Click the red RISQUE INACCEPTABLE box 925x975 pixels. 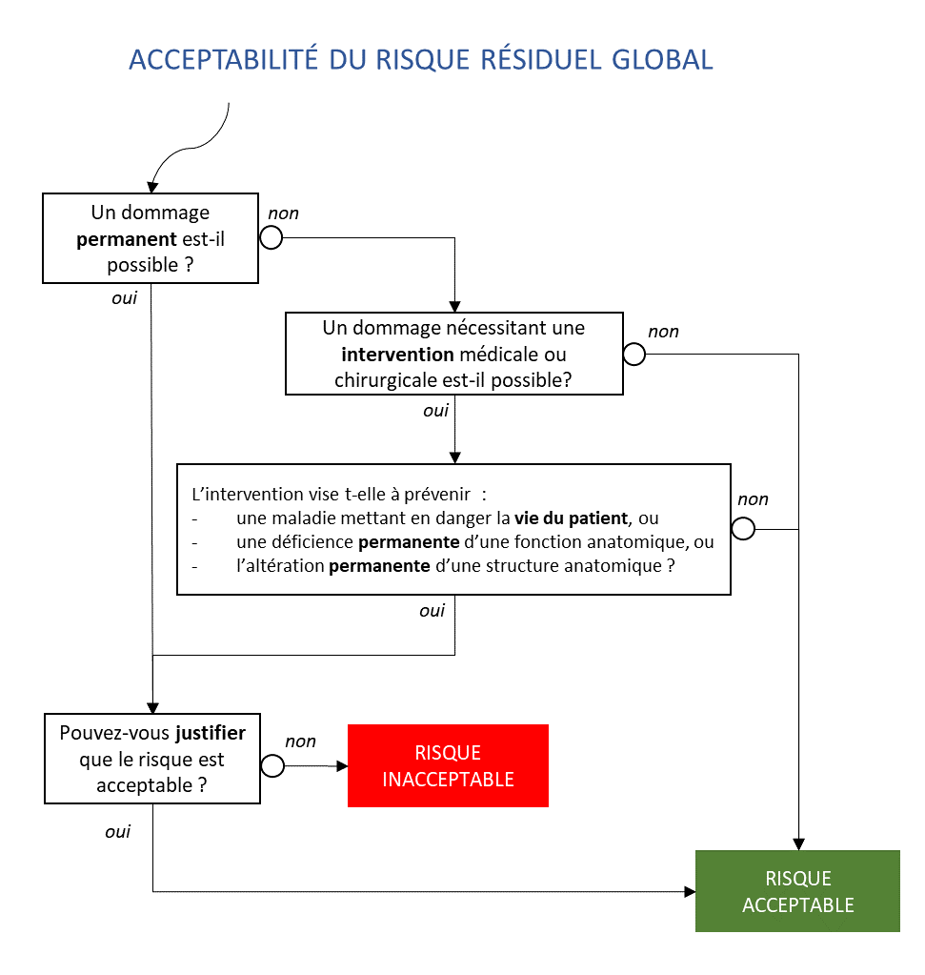(x=448, y=765)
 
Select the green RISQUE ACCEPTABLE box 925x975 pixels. (x=797, y=891)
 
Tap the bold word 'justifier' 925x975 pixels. (x=211, y=733)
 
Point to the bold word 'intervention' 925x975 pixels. (x=398, y=355)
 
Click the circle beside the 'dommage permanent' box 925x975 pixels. (x=271, y=237)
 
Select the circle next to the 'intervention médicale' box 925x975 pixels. (x=634, y=355)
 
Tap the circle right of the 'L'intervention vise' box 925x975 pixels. (x=743, y=529)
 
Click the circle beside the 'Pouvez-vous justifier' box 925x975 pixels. (x=272, y=765)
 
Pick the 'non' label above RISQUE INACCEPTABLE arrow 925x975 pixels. (x=300, y=741)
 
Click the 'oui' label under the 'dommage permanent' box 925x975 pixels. (x=125, y=298)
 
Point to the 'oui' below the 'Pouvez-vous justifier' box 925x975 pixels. (x=117, y=832)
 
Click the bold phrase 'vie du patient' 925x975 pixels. (x=571, y=518)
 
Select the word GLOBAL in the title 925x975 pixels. (x=662, y=60)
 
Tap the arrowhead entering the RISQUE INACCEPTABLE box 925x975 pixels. (x=342, y=766)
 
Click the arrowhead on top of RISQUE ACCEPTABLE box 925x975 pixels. (x=799, y=844)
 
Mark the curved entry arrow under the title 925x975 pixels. (x=190, y=148)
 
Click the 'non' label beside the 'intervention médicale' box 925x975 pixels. (x=663, y=332)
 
